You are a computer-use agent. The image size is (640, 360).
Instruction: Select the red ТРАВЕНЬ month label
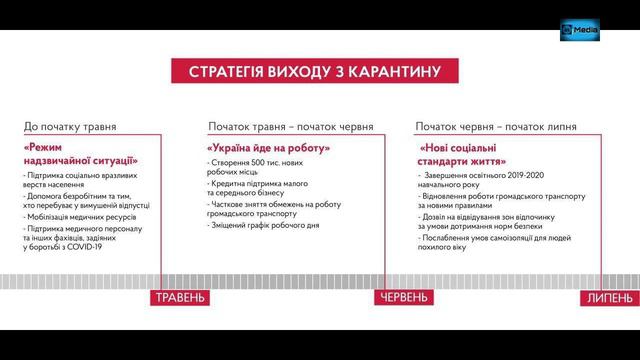[x=182, y=299]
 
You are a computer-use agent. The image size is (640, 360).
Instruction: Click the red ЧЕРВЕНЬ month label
[x=405, y=298]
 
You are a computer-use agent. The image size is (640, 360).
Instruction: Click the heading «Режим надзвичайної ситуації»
[x=80, y=153]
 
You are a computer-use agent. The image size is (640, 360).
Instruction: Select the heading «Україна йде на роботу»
[x=268, y=149]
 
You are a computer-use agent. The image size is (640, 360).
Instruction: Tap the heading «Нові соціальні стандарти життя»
[x=463, y=154]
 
